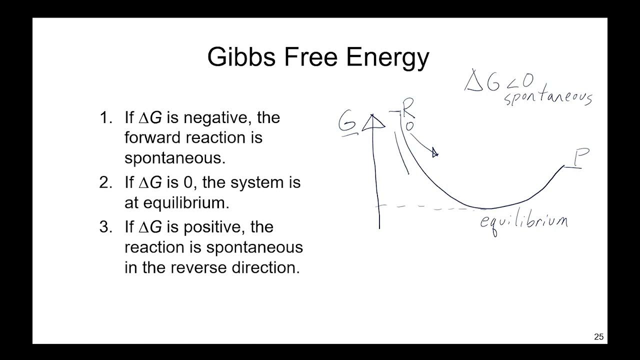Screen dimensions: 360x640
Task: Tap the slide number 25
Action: point(598,337)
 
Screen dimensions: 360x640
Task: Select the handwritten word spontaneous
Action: point(547,97)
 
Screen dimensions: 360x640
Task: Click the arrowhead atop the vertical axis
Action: point(372,121)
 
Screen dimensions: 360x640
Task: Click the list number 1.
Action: point(105,118)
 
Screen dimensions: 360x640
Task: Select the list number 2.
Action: point(105,182)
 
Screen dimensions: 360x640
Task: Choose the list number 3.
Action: point(105,227)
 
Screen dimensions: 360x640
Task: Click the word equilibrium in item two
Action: point(183,203)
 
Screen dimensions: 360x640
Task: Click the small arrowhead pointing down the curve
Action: point(434,153)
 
